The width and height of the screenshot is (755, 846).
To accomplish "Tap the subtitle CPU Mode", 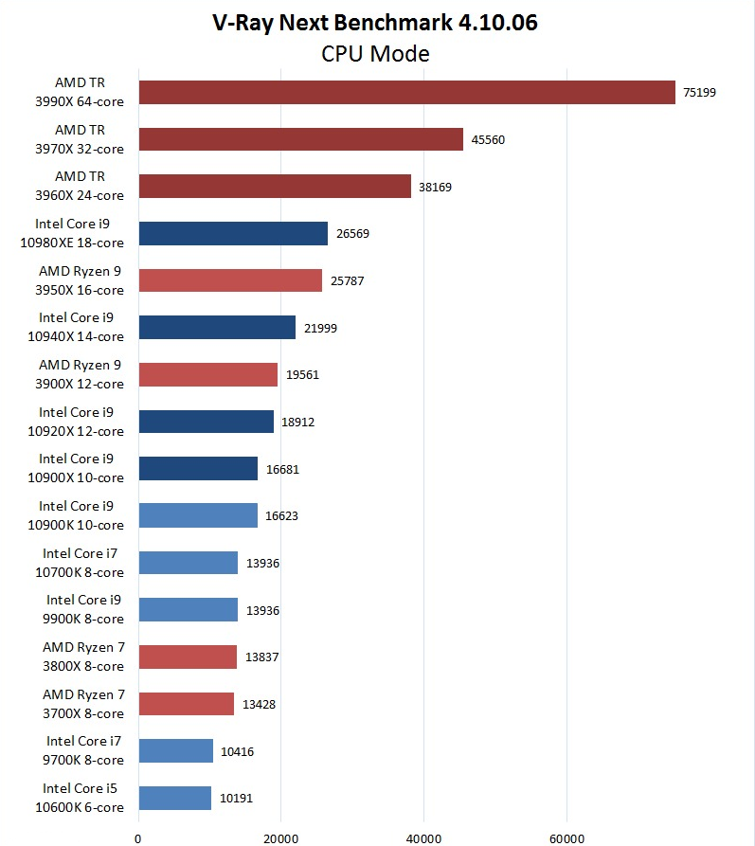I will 375,53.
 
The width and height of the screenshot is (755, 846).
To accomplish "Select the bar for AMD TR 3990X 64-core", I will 406,92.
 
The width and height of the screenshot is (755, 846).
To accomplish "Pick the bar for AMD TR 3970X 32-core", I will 300,139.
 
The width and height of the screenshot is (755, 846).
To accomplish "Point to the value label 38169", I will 436,187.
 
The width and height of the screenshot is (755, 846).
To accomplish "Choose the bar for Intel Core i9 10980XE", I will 233,233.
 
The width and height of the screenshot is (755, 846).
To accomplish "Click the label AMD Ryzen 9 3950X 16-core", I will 81,280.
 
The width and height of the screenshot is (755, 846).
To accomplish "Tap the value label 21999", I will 320,328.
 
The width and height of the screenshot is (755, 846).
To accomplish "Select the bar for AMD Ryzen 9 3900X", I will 207,374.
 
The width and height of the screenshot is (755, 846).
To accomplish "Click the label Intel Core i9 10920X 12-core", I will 81,422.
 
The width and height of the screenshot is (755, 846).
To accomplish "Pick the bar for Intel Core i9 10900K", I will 198,515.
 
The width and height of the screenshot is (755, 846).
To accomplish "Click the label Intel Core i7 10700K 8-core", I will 82,563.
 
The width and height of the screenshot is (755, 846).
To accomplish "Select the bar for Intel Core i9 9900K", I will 188,609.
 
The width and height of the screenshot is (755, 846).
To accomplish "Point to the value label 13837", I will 261,657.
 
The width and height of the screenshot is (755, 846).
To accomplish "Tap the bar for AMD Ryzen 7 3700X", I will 186,703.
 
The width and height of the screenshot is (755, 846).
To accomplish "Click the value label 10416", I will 237,751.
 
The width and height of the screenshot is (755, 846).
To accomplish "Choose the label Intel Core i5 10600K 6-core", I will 82,798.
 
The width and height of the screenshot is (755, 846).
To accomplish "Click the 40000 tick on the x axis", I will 423,837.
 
